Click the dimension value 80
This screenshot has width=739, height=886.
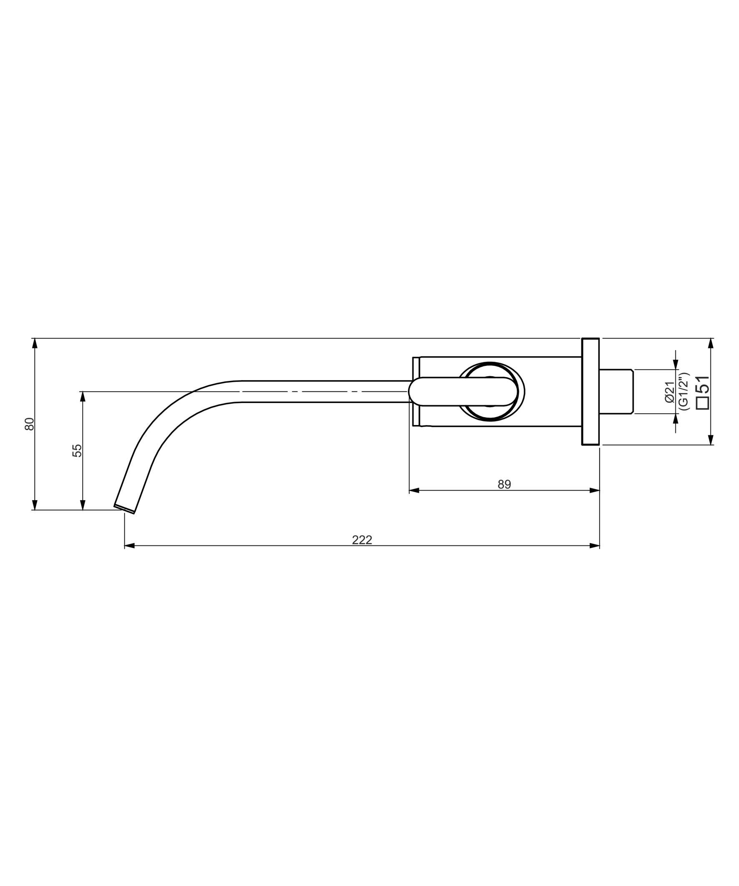(29, 424)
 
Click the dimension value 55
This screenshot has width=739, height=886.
(77, 451)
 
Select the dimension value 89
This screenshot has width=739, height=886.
(504, 484)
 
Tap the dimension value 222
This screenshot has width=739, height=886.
(362, 540)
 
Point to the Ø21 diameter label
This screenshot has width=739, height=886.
(670, 392)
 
